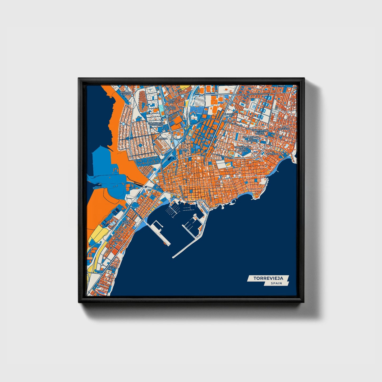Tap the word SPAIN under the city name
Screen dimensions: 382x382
pos(276,283)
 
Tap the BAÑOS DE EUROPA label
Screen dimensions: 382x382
pos(126,93)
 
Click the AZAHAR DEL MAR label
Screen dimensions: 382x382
pos(171,108)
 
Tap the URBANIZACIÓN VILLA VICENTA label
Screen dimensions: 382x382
pos(260,132)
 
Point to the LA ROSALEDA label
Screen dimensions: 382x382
pos(285,128)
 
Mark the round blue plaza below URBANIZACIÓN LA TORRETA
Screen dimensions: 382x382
pos(141,145)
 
